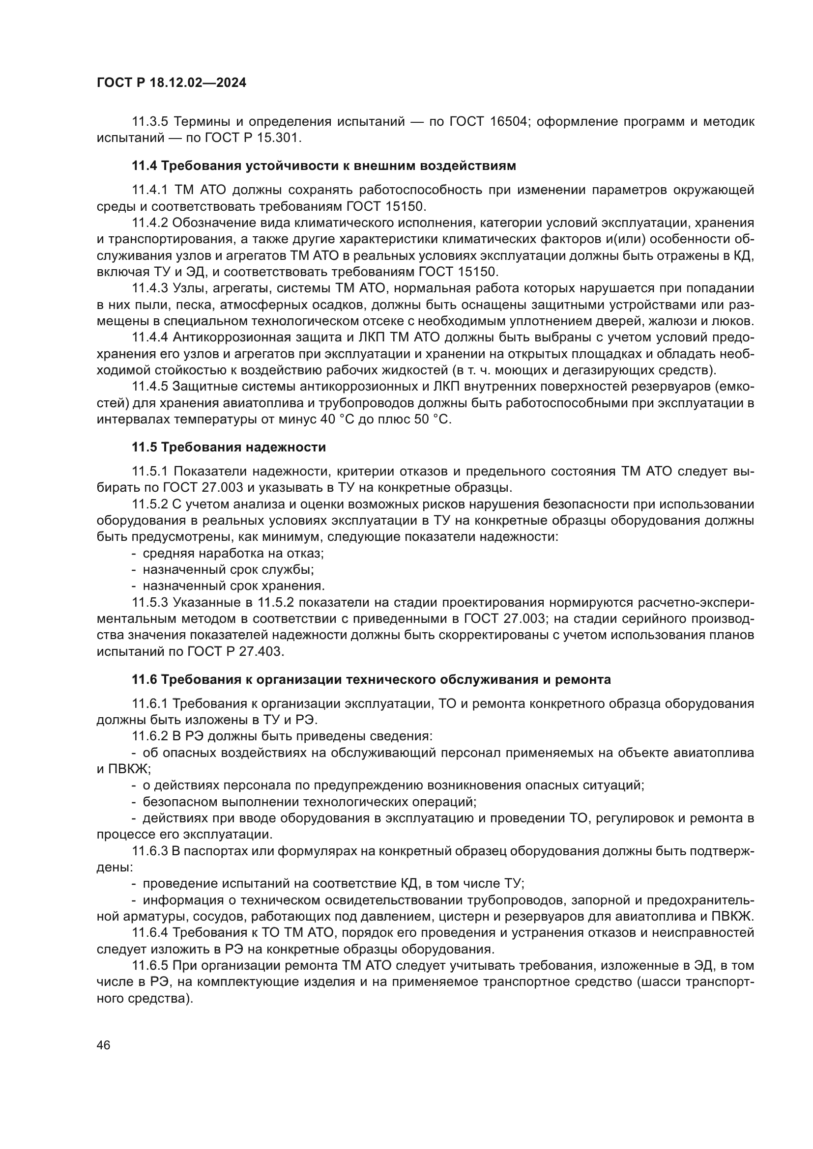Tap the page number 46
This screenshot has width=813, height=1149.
click(x=104, y=1045)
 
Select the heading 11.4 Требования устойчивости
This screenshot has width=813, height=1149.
click(x=323, y=166)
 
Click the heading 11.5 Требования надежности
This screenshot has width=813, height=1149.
click(x=228, y=447)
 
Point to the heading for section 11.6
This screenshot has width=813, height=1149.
click(x=371, y=679)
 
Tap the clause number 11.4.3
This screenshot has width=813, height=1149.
click(x=150, y=288)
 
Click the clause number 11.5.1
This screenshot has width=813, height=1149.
click(x=150, y=472)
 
